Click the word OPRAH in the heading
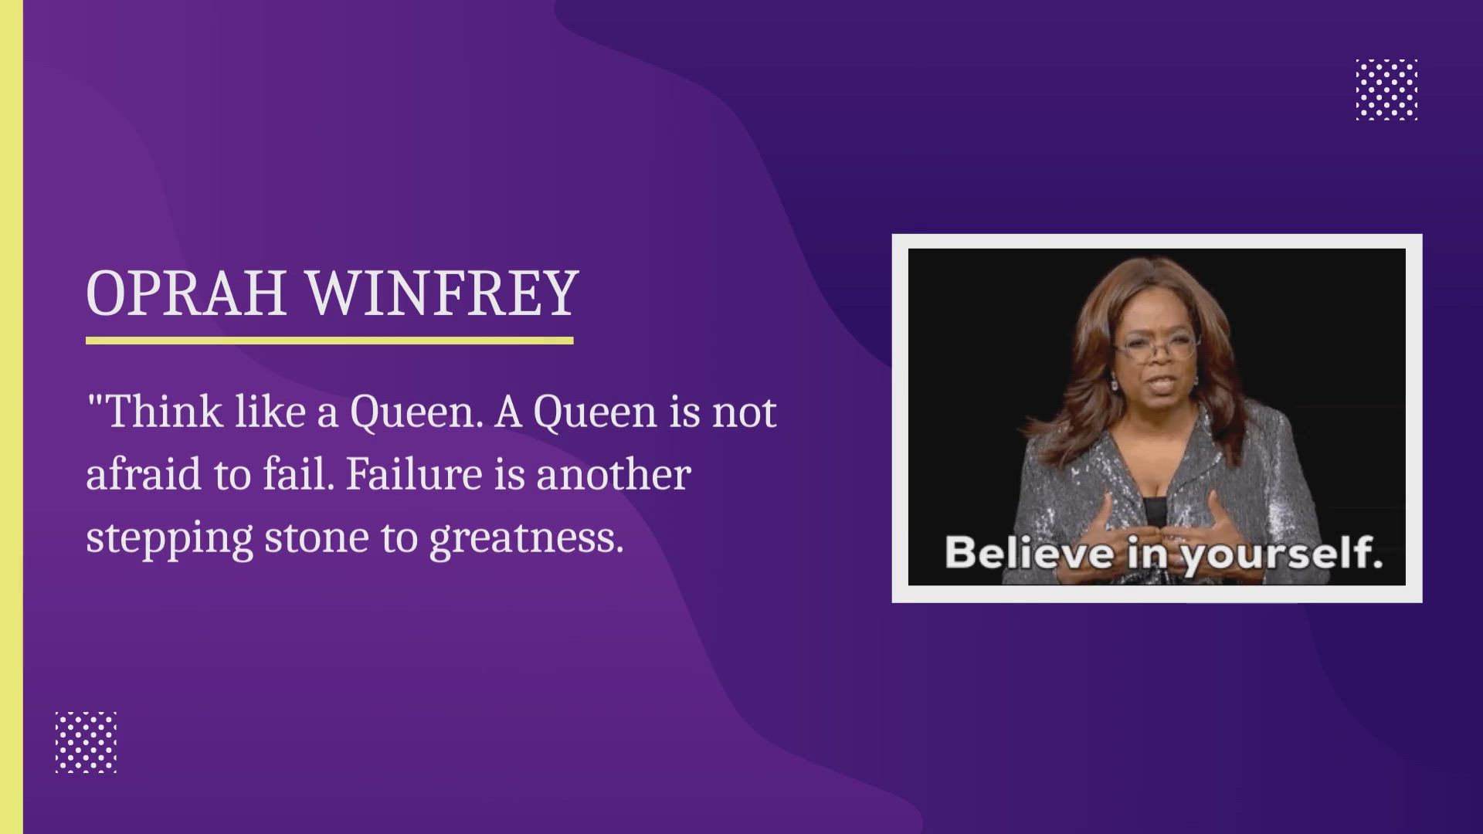(186, 293)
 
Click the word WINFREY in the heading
(443, 293)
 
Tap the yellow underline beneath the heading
(330, 340)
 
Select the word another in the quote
(613, 474)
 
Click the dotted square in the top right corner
(1386, 90)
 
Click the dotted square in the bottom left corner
(86, 742)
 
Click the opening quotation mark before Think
(95, 401)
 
